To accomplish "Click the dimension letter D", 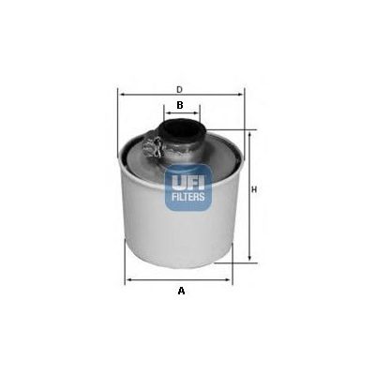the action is [179, 89].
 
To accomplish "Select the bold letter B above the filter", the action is [180, 105].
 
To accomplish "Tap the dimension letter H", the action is [254, 189].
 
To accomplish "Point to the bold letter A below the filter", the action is [181, 291].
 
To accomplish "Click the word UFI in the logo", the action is [188, 182].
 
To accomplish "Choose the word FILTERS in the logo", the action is [188, 197].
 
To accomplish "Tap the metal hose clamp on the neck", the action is [154, 147].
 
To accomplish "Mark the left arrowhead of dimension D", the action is [123, 94].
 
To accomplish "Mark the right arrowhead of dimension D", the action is [240, 94].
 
